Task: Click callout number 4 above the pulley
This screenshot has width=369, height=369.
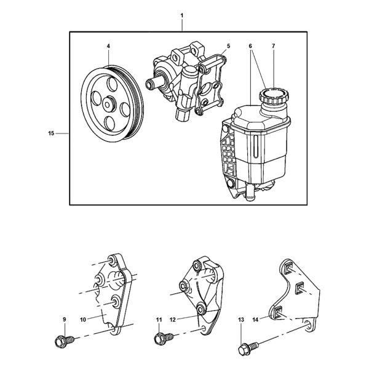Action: pyautogui.click(x=108, y=46)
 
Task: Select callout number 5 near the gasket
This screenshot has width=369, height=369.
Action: pyautogui.click(x=228, y=46)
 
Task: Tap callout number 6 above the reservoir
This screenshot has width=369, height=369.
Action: pyautogui.click(x=251, y=46)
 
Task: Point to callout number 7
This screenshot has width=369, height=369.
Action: pyautogui.click(x=273, y=46)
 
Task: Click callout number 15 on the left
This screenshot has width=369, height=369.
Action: pyautogui.click(x=51, y=132)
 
